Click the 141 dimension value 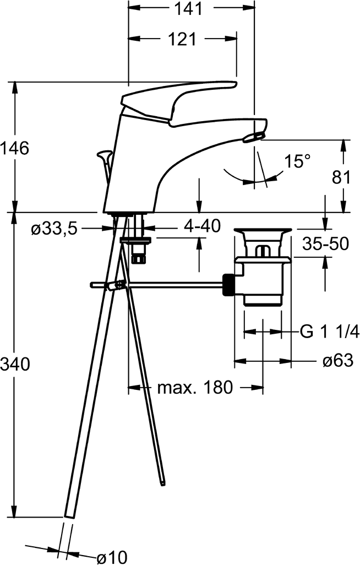click(188, 8)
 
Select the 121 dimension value click(182, 39)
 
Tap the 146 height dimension click(14, 148)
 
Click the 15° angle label click(297, 161)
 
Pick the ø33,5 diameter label click(54, 229)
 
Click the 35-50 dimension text click(325, 243)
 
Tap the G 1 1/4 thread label click(329, 331)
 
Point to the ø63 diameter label click(338, 360)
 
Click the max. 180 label click(195, 388)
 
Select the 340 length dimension click(15, 365)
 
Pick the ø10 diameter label click(112, 558)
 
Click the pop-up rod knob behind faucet click(105, 155)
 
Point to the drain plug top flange click(263, 231)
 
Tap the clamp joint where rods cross click(116, 285)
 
